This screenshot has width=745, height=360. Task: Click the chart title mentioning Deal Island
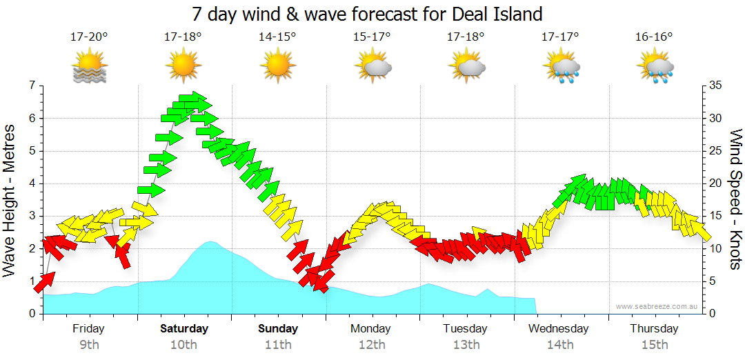367,14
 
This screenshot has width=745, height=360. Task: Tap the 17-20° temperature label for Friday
89,37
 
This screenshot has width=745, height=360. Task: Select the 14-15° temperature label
277,37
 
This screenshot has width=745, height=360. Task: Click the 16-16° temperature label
654,37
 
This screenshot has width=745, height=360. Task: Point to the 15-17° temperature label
372,37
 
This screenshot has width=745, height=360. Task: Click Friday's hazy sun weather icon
90,67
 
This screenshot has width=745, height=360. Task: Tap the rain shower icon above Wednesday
561,67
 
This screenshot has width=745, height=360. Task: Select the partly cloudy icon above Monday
372,67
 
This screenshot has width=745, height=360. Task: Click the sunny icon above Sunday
277,67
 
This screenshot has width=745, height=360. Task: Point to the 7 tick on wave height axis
31,86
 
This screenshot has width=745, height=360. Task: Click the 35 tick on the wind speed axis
715,86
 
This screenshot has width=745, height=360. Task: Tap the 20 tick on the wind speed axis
715,183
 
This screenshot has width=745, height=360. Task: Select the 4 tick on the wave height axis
31,183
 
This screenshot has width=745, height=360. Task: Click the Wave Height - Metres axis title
10,200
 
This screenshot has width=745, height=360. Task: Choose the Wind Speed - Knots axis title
735,200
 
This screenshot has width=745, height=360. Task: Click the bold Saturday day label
184,329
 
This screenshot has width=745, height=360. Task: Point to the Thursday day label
654,329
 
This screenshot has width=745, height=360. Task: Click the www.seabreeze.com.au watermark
657,306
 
